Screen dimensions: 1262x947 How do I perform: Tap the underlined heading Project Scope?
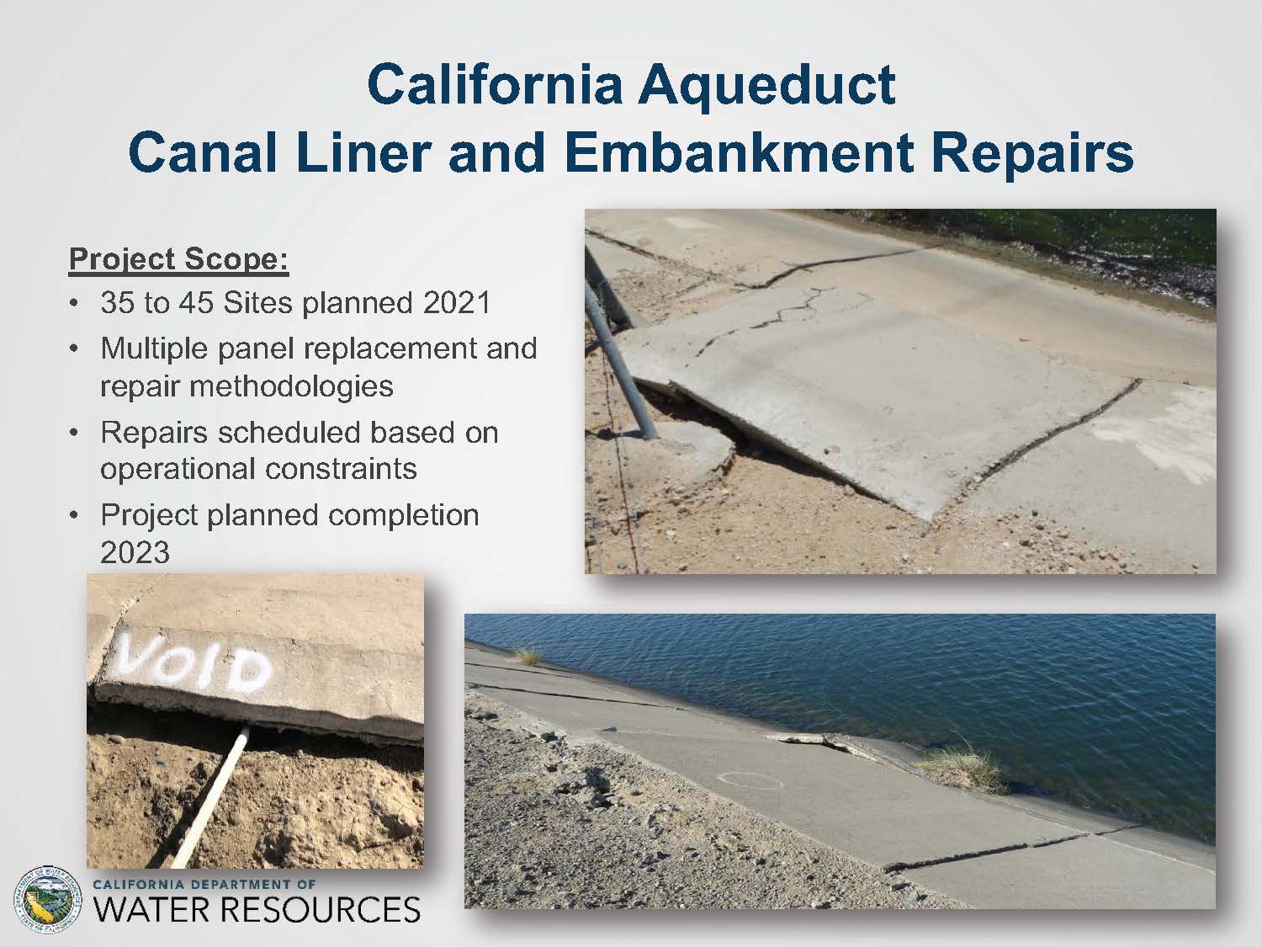point(178,259)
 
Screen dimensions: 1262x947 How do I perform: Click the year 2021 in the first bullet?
point(457,302)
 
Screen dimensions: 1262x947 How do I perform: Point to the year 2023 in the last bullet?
point(135,552)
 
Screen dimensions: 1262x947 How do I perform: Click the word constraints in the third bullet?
point(340,468)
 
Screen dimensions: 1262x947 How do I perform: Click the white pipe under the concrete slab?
point(210,797)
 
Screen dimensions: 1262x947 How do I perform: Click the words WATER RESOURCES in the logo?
point(257,909)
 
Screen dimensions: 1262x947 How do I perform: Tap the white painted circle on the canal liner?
point(752,781)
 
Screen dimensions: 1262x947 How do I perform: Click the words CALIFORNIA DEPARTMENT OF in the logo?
point(204,884)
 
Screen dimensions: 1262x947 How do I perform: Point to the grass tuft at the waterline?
point(959,763)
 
